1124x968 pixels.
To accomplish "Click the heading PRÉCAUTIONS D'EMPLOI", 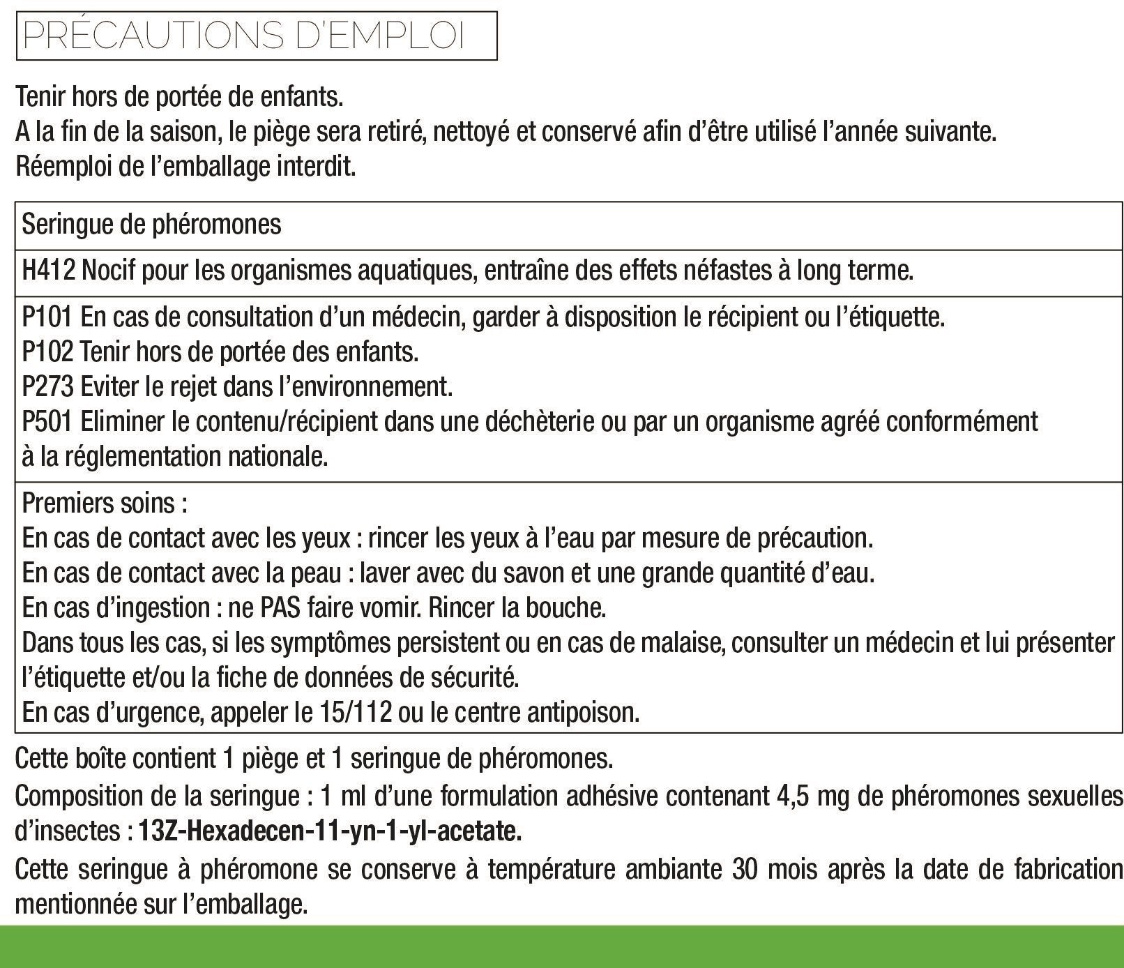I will click(x=244, y=36).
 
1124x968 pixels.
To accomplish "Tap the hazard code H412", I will click(x=49, y=270).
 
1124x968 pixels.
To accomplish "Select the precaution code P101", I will click(x=47, y=317).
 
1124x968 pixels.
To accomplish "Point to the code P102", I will click(x=47, y=351).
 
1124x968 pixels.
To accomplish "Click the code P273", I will click(x=47, y=386).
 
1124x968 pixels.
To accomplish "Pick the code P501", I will click(x=47, y=421).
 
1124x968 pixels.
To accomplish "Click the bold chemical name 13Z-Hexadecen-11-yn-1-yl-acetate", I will click(x=331, y=831).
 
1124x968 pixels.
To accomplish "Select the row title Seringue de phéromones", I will click(x=152, y=225).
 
